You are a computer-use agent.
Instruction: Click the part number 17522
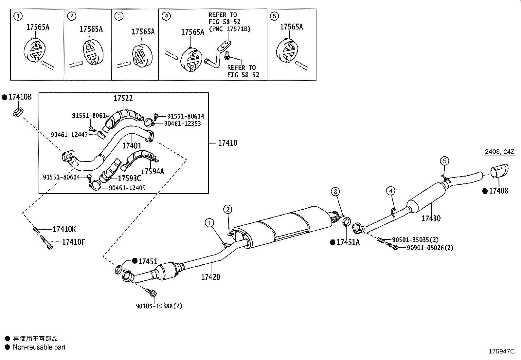coord(123,98)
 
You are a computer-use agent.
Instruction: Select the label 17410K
coord(64,229)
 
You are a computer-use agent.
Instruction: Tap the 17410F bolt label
coord(74,242)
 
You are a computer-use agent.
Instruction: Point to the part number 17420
coord(210,277)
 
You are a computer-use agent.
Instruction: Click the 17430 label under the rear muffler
coord(431,218)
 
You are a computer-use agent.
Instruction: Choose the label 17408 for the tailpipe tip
coord(498,191)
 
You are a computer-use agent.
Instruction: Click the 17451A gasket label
coord(348,242)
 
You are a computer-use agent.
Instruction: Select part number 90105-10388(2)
coord(159,306)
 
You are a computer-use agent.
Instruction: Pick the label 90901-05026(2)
coord(430,248)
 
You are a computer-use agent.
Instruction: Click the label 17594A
coord(153,171)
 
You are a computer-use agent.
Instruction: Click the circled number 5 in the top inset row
coord(275,16)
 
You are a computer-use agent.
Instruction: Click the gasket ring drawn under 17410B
coord(18,112)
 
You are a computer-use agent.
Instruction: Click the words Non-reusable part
coord(39,347)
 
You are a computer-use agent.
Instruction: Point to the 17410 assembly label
coord(228,143)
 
